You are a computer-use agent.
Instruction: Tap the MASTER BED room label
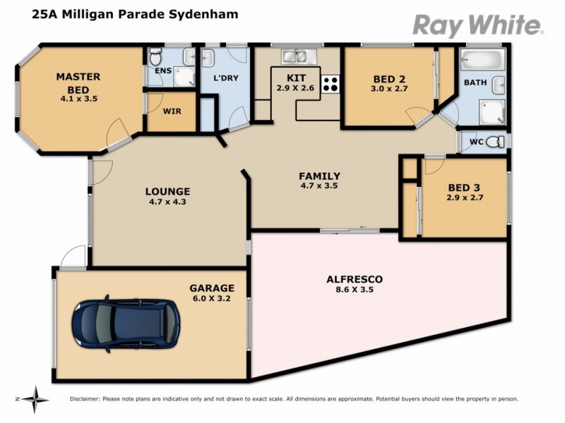click(78, 83)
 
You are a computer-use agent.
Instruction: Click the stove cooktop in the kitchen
click(329, 84)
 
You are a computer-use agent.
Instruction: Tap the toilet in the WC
click(496, 142)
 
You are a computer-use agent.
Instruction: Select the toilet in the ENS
click(157, 56)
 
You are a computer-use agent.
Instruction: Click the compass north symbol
click(35, 398)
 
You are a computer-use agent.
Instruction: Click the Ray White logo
click(477, 25)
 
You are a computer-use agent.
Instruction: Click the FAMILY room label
click(319, 176)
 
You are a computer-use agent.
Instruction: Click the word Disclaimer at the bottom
click(85, 399)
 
